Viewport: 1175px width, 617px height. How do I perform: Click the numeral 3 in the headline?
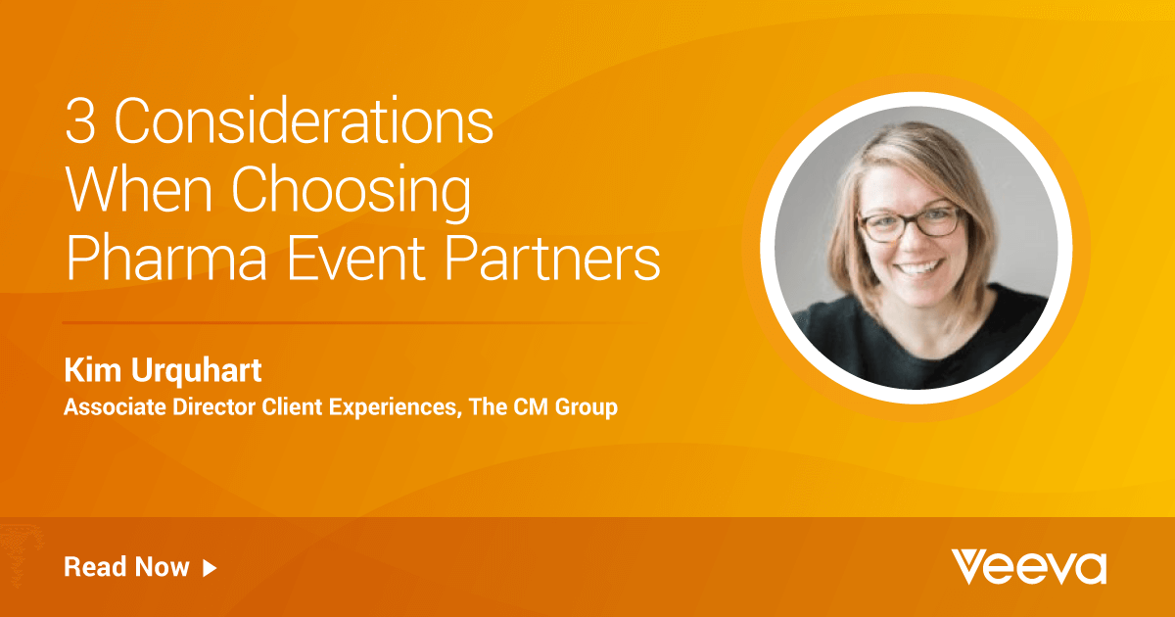click(x=80, y=120)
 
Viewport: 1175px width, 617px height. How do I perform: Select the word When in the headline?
click(x=138, y=189)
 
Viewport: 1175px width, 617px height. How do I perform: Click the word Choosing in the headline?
click(x=351, y=193)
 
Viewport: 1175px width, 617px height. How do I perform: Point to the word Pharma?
click(x=166, y=259)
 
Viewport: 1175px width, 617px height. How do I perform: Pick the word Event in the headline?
click(x=355, y=259)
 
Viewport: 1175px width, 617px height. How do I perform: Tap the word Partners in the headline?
click(x=552, y=259)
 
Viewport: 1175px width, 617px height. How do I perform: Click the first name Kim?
click(x=93, y=370)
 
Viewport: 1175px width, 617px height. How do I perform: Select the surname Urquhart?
click(x=196, y=371)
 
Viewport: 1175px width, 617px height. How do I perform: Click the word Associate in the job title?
click(x=115, y=406)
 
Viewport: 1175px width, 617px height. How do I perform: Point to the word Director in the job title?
click(x=214, y=406)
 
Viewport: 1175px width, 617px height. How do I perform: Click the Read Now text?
click(x=126, y=567)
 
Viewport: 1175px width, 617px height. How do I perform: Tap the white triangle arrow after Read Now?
click(x=210, y=568)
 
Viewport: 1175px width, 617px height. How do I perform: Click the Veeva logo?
click(x=1029, y=567)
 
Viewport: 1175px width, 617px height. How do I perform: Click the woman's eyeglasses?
click(x=912, y=224)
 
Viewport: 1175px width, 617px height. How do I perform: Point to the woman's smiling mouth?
click(x=916, y=268)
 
